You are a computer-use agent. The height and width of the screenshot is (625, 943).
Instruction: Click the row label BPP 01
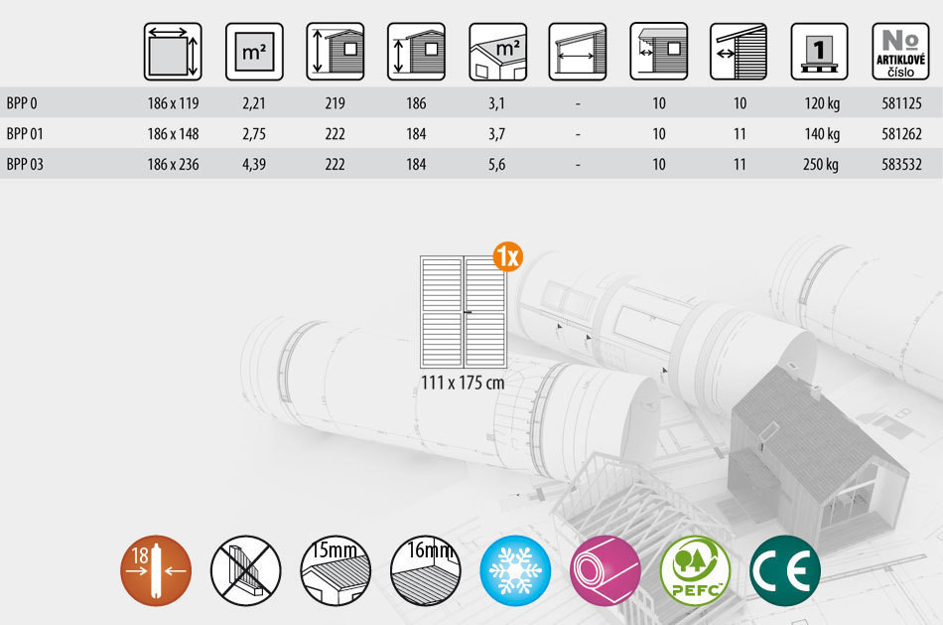25,134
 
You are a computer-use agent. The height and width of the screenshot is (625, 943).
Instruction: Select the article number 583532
901,164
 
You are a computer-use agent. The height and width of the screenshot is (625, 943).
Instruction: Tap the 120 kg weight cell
822,103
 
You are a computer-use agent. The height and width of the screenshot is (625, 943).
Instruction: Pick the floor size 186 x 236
173,164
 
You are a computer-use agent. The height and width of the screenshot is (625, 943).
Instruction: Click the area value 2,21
254,103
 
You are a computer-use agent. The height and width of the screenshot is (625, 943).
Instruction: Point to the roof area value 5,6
496,164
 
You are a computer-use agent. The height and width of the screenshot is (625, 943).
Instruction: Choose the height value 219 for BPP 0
335,103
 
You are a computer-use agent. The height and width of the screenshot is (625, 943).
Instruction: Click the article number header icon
900,52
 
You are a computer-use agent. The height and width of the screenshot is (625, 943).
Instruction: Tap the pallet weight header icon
819,52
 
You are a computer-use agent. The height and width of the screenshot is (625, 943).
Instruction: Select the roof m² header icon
497,52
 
